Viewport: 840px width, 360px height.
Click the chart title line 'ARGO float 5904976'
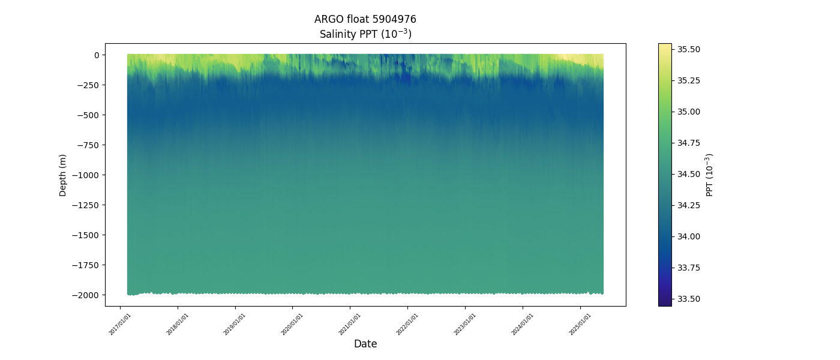365,19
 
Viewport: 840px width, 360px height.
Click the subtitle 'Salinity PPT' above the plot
365,34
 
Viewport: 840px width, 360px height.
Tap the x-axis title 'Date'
365,344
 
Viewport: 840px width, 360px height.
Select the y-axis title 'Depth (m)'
63,175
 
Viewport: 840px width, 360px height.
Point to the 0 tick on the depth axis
95,55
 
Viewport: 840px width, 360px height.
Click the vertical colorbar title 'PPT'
710,175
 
